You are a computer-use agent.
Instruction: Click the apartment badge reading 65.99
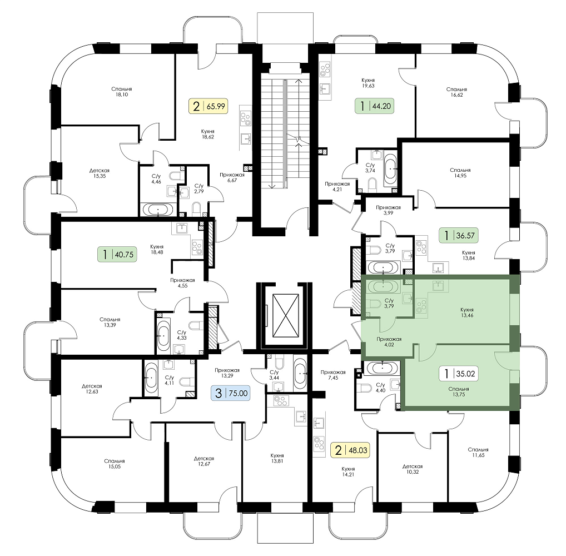click(208, 106)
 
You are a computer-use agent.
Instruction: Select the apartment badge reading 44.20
click(374, 106)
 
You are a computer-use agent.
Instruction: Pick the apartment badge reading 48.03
click(350, 450)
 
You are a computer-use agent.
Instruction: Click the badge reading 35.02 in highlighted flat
click(459, 373)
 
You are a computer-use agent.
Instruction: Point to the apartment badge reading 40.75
click(117, 254)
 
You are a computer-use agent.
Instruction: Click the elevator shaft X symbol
click(286, 315)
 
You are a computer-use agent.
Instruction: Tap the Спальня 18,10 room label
click(122, 92)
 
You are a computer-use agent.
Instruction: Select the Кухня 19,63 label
click(368, 83)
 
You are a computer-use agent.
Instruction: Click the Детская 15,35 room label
click(100, 173)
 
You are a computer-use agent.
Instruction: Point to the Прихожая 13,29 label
click(227, 373)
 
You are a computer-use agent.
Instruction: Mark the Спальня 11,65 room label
click(478, 453)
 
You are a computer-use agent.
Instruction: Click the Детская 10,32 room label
click(413, 469)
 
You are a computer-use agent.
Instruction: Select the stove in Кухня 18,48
click(197, 247)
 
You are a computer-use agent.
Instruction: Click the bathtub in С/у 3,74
click(390, 168)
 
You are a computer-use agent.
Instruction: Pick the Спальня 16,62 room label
click(456, 92)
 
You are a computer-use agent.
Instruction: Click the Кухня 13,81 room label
click(277, 458)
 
